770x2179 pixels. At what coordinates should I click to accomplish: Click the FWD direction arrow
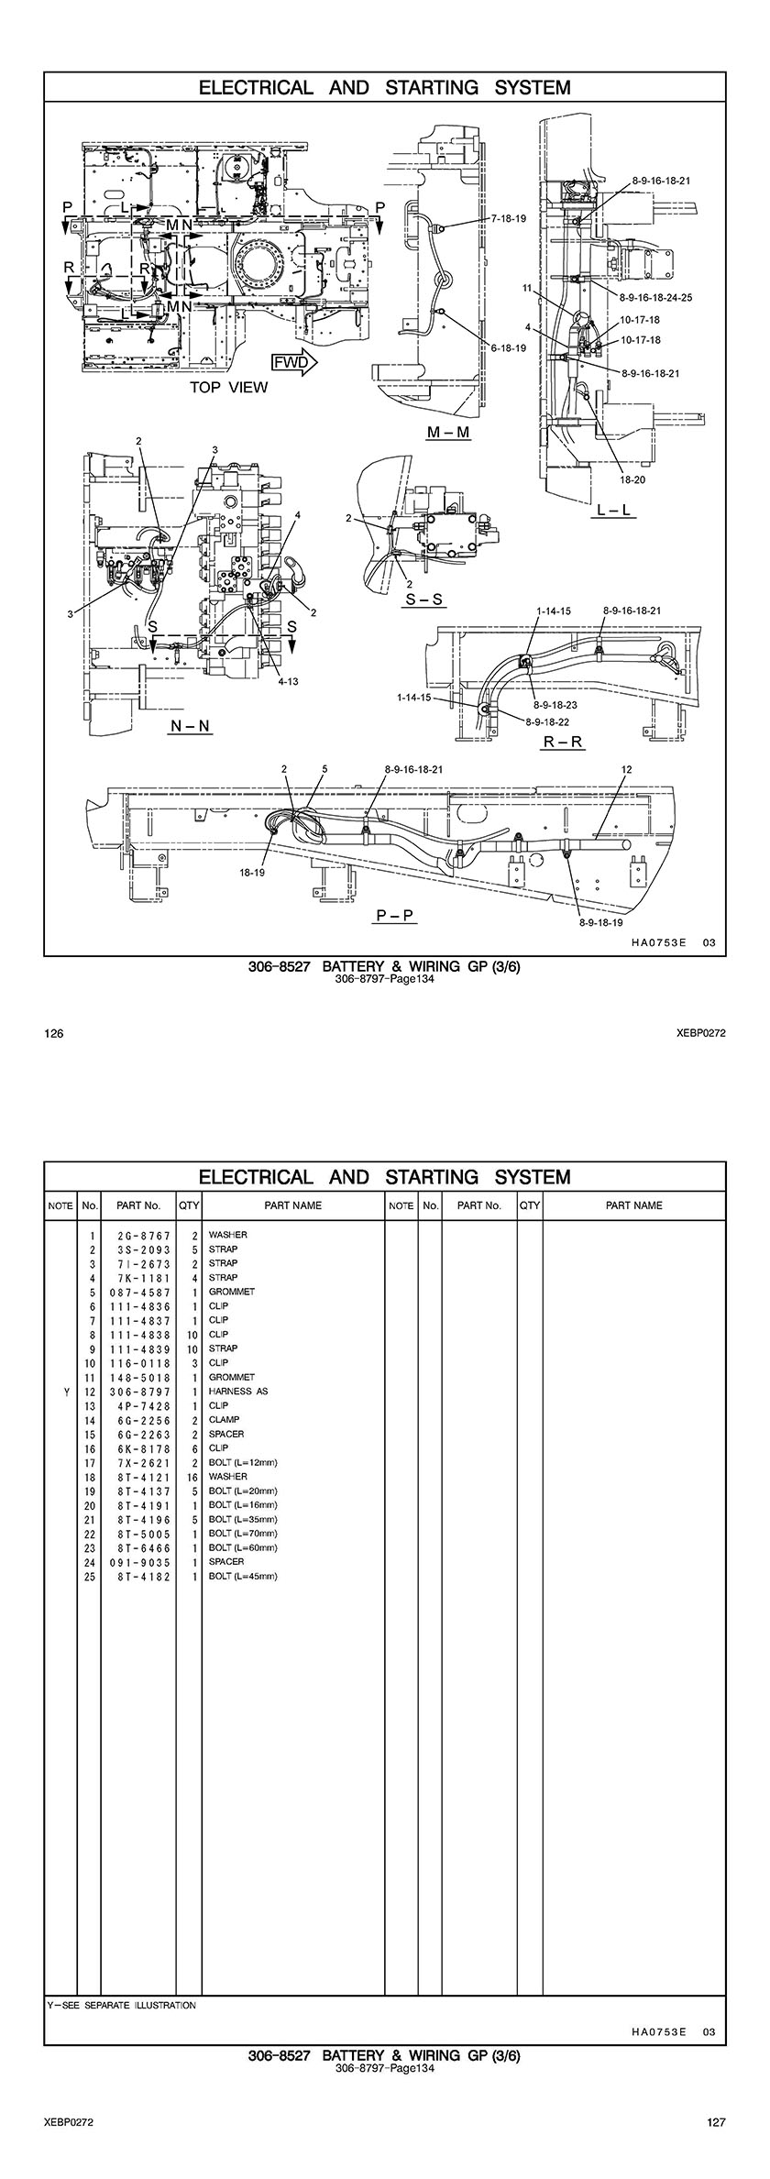coord(293,362)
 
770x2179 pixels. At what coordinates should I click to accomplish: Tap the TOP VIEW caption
coord(229,387)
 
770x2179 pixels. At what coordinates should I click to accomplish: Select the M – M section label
coord(449,432)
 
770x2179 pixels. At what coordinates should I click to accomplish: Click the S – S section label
coord(424,600)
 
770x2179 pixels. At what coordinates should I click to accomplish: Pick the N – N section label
coord(190,726)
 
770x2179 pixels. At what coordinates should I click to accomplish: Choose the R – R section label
coord(563,742)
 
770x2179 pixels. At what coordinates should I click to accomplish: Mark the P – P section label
coord(396,915)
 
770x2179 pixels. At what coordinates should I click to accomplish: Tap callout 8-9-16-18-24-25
coord(655,298)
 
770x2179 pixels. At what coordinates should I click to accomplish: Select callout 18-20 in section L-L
coord(632,479)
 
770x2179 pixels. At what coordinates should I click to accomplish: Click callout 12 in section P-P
coord(627,769)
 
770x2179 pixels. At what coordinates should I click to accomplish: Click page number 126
coord(54,1034)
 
